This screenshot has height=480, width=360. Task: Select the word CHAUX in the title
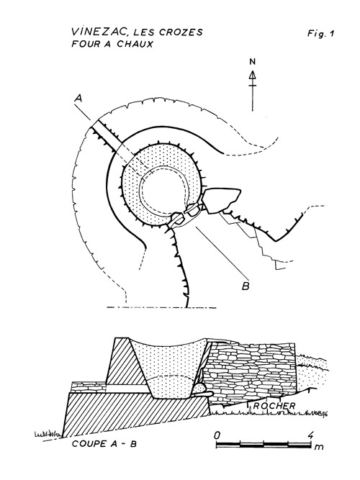tap(135, 44)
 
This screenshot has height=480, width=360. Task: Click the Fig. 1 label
tap(320, 33)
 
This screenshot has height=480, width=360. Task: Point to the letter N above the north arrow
tap(252, 62)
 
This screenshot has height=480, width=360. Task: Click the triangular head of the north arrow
tap(252, 76)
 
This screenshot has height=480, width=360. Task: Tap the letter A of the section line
tap(78, 99)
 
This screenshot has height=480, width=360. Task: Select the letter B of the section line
tap(246, 286)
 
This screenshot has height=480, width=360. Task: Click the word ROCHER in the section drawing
tap(274, 406)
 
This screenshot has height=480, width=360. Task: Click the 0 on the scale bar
tap(217, 435)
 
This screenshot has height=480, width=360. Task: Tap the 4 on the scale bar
tap(310, 435)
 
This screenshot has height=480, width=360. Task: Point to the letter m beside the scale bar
tap(319, 447)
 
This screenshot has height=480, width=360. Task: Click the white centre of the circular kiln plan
tap(163, 190)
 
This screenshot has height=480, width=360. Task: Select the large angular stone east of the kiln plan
tap(222, 201)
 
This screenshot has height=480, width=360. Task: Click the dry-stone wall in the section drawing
tap(250, 371)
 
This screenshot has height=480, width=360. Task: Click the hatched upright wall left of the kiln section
tap(120, 361)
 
